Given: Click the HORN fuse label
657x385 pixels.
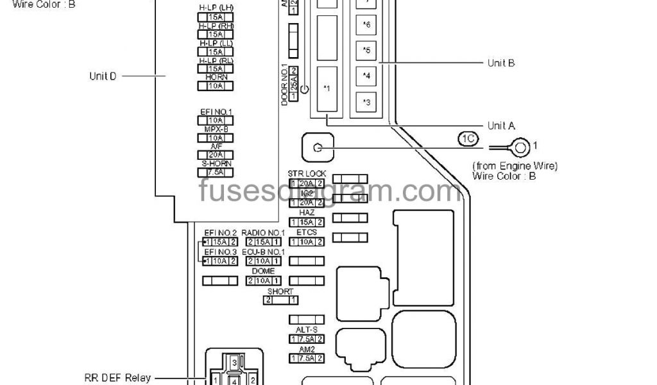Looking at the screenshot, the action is [x=216, y=77].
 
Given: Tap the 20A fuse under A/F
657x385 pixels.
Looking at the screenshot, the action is [x=216, y=155].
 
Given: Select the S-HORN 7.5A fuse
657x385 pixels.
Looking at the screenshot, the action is [x=216, y=172].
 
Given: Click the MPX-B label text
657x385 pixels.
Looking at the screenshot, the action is [x=216, y=129].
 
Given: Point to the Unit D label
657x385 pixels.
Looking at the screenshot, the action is [x=103, y=76].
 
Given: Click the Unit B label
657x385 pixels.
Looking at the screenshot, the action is [x=501, y=63].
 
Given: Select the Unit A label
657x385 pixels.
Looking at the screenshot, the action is [x=501, y=126].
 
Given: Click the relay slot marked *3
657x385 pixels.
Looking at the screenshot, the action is [x=366, y=101].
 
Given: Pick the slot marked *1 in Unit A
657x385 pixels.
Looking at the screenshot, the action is [x=327, y=89].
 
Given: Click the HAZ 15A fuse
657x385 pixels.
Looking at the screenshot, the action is [x=307, y=222].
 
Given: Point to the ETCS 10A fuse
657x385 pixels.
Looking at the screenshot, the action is [x=307, y=242].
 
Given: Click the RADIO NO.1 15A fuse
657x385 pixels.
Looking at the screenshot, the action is [x=264, y=242].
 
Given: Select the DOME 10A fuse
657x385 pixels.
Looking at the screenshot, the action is [x=264, y=280].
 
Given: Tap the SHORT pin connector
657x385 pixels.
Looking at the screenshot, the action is [x=281, y=300].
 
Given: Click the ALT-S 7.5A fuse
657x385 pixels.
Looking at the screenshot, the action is [x=307, y=339].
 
